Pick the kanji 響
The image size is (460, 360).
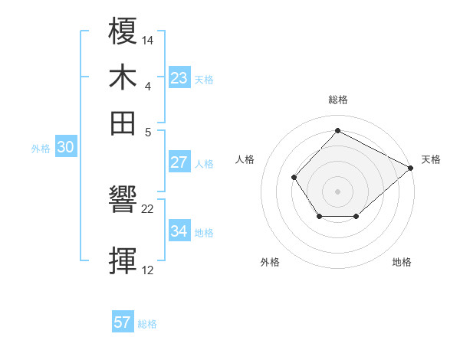pos(124,203)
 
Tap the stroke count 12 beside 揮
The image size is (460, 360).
pos(148,270)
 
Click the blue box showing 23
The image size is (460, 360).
pos(179,77)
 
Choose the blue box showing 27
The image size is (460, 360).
pos(179,162)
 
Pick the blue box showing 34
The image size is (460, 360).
pos(179,231)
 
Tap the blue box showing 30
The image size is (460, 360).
pos(65,148)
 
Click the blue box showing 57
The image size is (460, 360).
pos(123,322)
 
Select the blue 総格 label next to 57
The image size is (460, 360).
pos(147,324)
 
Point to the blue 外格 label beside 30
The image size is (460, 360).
pos(41,149)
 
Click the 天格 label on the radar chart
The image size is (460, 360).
pos(431,159)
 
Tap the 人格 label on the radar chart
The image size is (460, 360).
pos(245,159)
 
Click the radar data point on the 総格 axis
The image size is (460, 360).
pos(337,130)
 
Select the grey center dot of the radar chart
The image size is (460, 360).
pos(337,191)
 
